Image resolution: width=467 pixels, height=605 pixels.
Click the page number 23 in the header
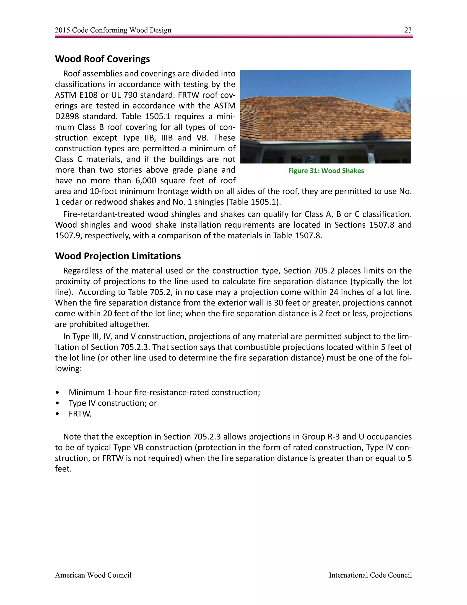408,30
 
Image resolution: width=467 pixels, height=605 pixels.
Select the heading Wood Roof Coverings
102,59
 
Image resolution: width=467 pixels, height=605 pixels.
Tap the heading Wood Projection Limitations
118,256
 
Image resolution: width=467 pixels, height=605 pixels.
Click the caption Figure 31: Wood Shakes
326,171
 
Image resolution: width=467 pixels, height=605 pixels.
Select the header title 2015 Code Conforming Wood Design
113,30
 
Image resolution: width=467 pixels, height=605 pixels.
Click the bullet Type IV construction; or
113,403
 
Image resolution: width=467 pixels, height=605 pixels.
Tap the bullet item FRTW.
80,414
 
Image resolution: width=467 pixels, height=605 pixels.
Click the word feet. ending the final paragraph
63,469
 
